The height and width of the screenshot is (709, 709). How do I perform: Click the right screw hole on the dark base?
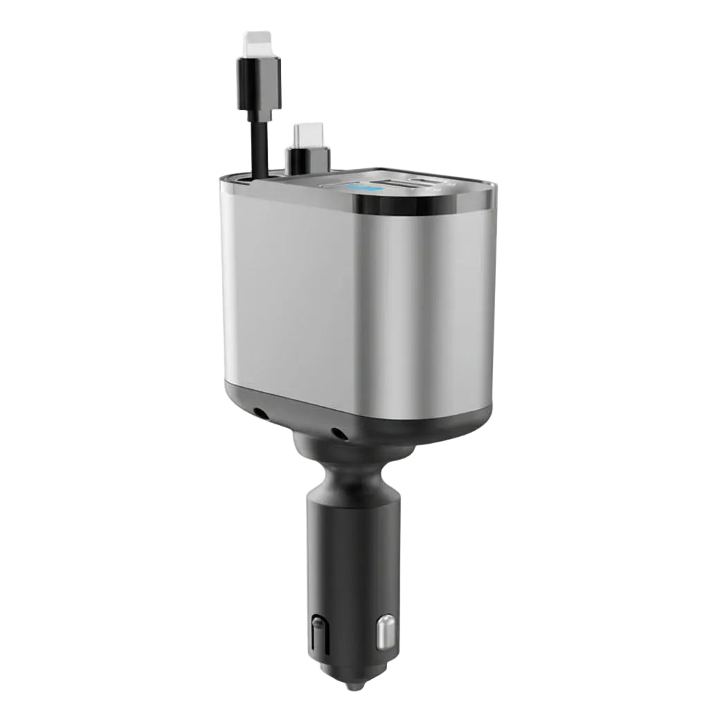[339, 433]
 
